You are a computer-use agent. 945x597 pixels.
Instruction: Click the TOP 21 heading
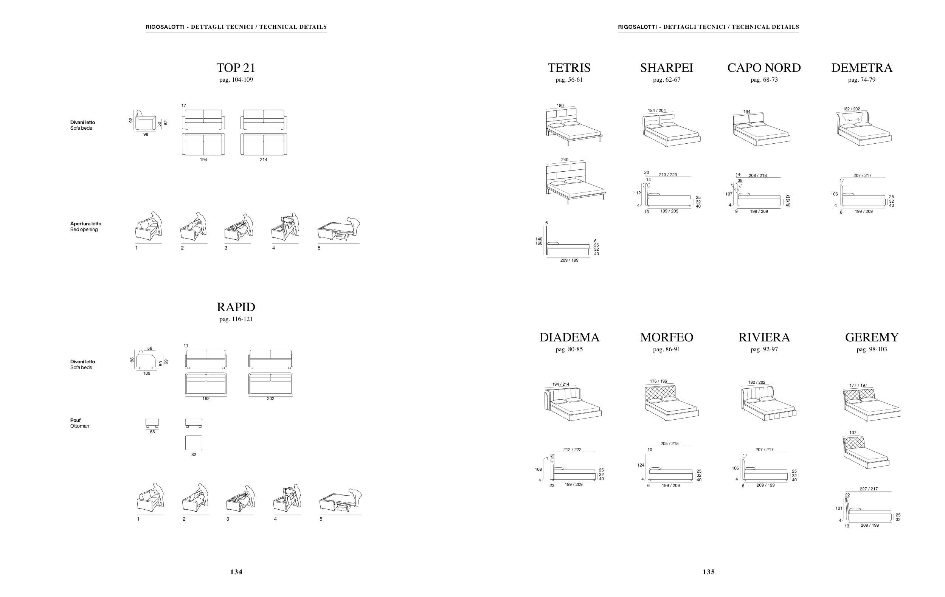coord(236,68)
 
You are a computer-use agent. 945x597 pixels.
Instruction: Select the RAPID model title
coord(236,307)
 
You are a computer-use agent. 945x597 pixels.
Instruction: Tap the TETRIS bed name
coord(569,68)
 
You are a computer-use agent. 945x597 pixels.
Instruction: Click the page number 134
coord(236,572)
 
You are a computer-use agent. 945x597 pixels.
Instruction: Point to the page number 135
coord(708,572)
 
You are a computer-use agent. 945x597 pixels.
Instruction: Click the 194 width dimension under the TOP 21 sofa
coord(203,160)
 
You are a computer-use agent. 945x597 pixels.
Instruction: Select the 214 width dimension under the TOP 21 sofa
coord(263,160)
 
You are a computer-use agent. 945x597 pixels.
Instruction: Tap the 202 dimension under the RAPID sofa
coord(270,399)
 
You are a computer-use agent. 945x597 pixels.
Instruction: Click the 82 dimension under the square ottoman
coord(194,454)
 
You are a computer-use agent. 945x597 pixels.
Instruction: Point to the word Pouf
coord(75,420)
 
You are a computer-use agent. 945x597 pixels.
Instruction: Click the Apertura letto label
coord(85,223)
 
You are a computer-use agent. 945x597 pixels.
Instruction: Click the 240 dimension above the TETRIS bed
coord(564,160)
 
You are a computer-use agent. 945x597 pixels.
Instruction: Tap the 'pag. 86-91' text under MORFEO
coord(666,349)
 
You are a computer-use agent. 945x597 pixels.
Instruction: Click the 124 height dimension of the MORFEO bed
coord(641,465)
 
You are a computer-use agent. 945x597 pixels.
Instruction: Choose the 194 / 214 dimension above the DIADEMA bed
coord(560,385)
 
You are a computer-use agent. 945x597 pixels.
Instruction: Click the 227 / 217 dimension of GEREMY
coord(869,489)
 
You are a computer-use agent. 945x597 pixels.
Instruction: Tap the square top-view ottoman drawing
coord(194,443)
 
